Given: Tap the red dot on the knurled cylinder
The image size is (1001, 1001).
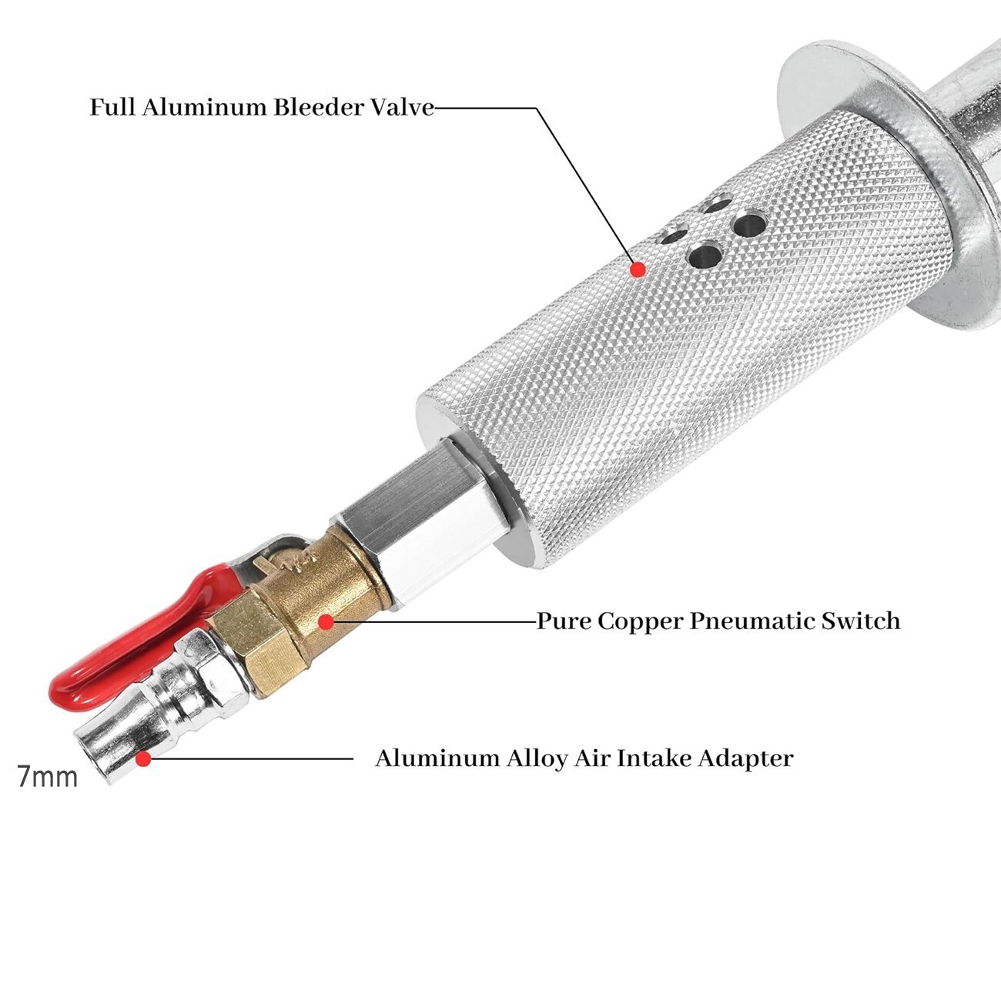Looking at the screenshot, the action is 638,269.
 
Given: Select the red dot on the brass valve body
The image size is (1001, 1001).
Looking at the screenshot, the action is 326,621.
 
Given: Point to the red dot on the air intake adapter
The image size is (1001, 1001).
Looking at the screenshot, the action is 143,759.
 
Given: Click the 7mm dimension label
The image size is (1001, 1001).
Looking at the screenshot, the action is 48,777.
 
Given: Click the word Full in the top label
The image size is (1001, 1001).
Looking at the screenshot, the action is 113,108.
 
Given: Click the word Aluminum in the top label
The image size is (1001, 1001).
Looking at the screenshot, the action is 205,108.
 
